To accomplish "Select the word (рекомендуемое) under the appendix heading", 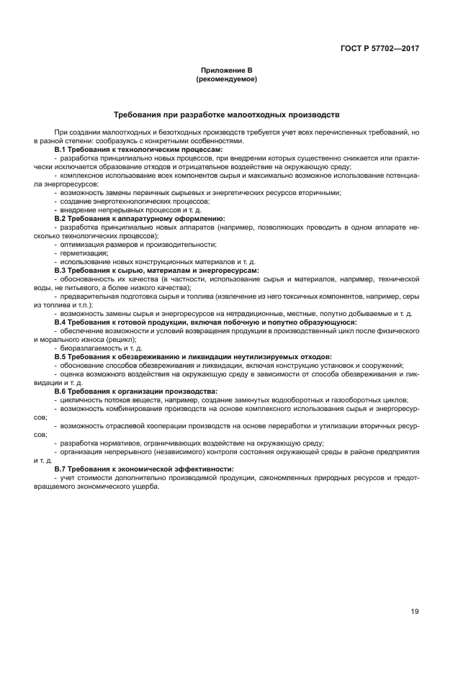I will coord(227,79).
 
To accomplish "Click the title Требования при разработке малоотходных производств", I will coord(227,114).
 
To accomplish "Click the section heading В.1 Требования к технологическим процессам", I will coord(138,149).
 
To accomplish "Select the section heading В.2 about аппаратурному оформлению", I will coord(140,217).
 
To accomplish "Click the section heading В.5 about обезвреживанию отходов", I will coord(193,356).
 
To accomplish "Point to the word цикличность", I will coord(83,399).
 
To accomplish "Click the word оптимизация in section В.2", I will coord(83,244).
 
